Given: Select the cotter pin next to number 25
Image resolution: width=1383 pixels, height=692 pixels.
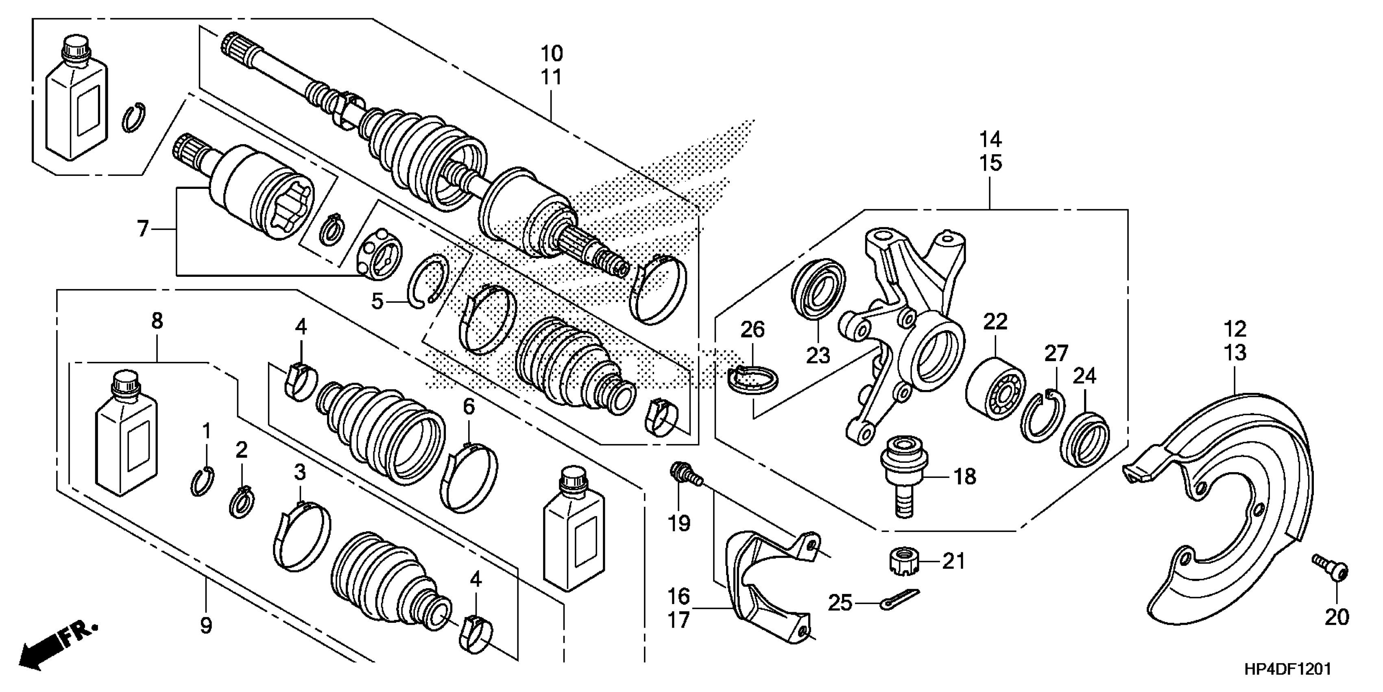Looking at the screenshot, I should [x=899, y=600].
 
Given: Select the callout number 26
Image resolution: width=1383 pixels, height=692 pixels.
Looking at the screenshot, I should [x=752, y=329].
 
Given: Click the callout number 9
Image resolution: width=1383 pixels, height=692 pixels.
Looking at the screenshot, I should [x=206, y=625].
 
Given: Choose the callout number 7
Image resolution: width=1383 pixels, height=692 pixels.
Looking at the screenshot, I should [x=142, y=230].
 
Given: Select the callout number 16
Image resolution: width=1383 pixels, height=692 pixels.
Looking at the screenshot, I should [x=678, y=596].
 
